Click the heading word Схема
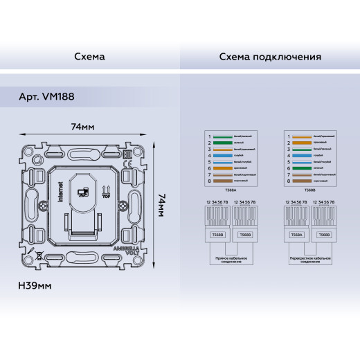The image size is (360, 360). pos(89,56)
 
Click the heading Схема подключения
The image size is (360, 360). pos(269,56)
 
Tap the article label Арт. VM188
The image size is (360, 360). pos(46,98)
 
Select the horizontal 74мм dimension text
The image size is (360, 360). pos(82,127)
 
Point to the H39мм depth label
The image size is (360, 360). pos(35,285)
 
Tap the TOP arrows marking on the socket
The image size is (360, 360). pos(106,190)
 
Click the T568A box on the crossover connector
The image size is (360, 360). pos(295,235)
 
